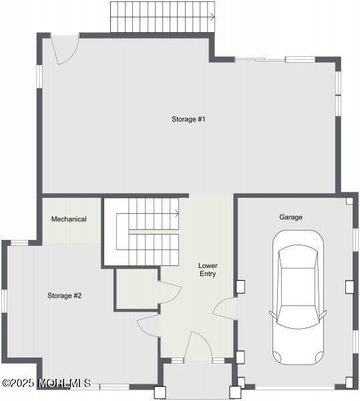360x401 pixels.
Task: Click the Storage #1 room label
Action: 188,119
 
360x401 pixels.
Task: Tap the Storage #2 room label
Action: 64,295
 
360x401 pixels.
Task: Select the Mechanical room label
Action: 69,219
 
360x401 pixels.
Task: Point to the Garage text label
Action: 291,217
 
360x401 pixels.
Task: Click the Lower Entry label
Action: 208,269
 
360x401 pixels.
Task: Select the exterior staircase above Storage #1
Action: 162,17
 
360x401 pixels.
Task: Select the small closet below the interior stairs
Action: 136,289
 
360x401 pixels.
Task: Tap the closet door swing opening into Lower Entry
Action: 170,293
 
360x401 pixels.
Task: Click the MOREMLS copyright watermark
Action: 46,383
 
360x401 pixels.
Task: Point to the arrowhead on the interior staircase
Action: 177,214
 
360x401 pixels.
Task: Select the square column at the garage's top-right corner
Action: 349,200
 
